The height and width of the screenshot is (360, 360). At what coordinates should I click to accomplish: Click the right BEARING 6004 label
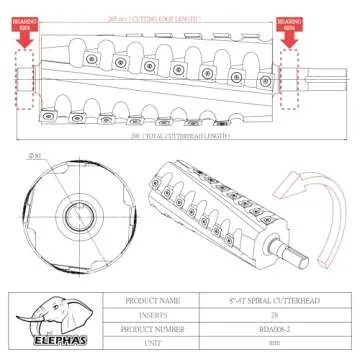point(290,22)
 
